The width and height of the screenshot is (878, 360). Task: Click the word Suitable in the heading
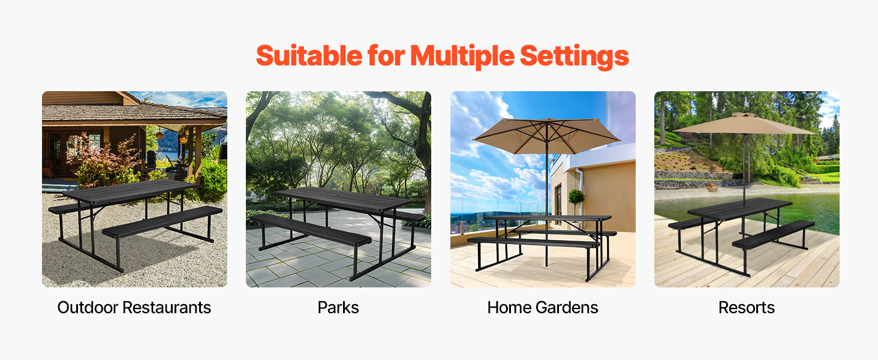309,56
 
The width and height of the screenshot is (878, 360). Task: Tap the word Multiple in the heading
462,56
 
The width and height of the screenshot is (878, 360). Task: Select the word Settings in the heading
574,56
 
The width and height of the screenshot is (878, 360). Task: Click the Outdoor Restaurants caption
134,307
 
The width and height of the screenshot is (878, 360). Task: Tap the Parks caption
338,307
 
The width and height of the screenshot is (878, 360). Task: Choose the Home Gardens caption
543,307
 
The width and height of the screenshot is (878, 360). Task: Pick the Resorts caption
746,307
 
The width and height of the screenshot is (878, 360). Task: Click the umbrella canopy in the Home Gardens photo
546,135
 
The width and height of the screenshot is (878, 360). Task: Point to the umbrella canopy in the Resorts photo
744,125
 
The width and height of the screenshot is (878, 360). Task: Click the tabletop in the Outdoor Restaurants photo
130,191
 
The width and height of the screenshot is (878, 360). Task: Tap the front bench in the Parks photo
309,229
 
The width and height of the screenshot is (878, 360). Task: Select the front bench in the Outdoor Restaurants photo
163,221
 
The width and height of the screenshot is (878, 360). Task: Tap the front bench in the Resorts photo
773,234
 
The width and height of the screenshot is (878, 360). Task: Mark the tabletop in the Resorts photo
739,209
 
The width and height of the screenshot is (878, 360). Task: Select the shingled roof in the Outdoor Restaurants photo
133,112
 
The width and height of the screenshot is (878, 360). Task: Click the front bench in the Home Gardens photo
533,242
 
